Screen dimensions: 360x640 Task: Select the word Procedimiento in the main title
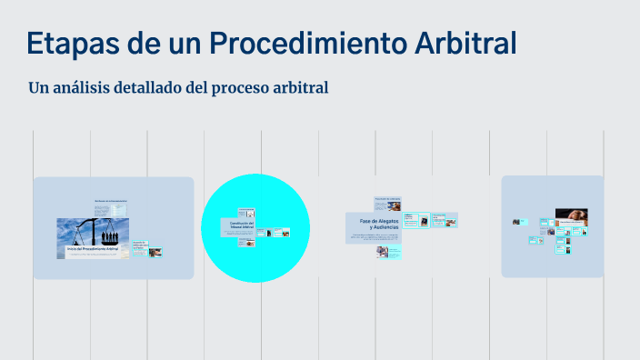tap(301, 43)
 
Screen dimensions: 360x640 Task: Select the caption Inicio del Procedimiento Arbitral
tap(93, 248)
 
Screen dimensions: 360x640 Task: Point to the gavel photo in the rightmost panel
tap(572, 217)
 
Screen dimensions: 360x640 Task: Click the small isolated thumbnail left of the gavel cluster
tap(515, 221)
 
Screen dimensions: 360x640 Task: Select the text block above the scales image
tap(110, 208)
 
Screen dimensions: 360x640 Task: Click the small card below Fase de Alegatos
tap(382, 251)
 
